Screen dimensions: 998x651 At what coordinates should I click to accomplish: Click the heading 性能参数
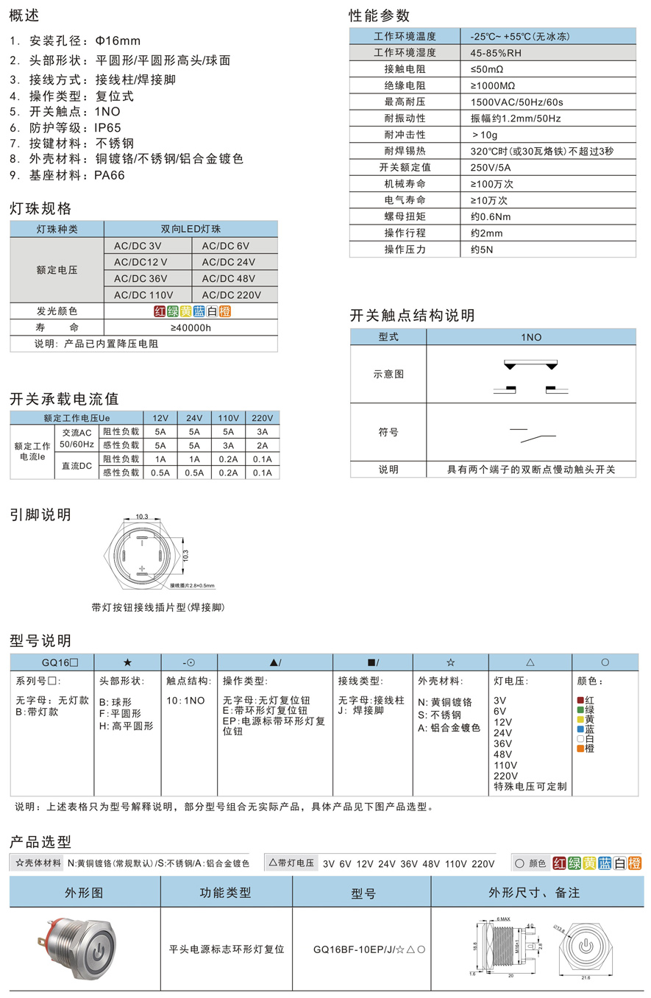pos(379,15)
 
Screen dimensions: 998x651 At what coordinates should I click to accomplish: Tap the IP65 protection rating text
pos(107,127)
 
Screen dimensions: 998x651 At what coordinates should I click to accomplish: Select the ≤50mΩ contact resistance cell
pos(487,68)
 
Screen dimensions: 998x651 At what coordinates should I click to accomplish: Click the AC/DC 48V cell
pos(228,278)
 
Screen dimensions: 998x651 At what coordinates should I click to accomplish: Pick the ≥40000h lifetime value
pos(191,328)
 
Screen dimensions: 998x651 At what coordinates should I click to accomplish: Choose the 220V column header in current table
pos(262,417)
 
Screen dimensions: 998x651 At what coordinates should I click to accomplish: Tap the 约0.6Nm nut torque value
pos(490,216)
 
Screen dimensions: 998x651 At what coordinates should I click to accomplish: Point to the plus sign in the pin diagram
pos(140,567)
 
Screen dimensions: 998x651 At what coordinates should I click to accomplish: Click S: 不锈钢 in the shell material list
pos(440,715)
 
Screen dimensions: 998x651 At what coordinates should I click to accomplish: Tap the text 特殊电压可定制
pos(530,786)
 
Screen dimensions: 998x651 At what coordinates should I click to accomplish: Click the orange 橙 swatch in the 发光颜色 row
pos(225,311)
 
